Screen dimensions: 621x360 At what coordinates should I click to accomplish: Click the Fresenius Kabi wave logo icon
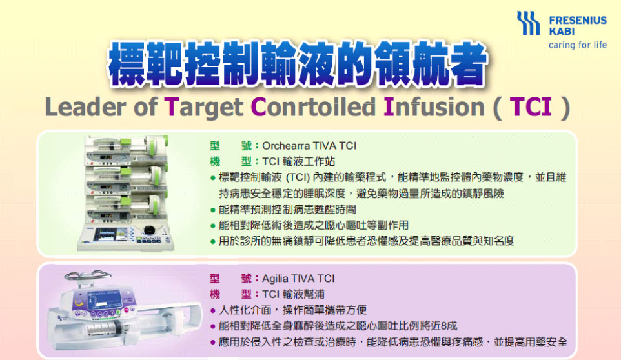point(528,23)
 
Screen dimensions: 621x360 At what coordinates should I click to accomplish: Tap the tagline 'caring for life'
point(578,45)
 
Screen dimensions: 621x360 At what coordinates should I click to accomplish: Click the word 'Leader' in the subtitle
point(85,107)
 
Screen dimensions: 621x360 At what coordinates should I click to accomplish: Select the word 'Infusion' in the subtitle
point(434,107)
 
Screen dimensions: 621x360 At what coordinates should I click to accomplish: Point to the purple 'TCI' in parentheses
point(531,107)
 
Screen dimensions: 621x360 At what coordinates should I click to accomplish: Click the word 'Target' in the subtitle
point(203,108)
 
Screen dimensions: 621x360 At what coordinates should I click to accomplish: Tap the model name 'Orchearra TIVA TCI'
point(309,146)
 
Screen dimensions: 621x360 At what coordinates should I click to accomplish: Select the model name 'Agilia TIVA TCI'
point(298,279)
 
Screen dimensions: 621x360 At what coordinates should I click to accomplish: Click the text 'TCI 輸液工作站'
point(299,161)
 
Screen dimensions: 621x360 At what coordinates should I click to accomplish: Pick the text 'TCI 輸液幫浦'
point(293,294)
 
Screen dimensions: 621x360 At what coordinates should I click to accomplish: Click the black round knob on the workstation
point(149,230)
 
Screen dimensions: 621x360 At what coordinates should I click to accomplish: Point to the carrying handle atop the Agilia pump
point(88,275)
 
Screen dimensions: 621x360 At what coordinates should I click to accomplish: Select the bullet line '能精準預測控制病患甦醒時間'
point(287,209)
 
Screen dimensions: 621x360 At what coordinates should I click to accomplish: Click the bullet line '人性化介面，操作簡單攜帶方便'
point(293,310)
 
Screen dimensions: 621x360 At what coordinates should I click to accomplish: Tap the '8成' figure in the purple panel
point(449,326)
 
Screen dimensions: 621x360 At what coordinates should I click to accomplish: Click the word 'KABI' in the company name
point(562,31)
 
